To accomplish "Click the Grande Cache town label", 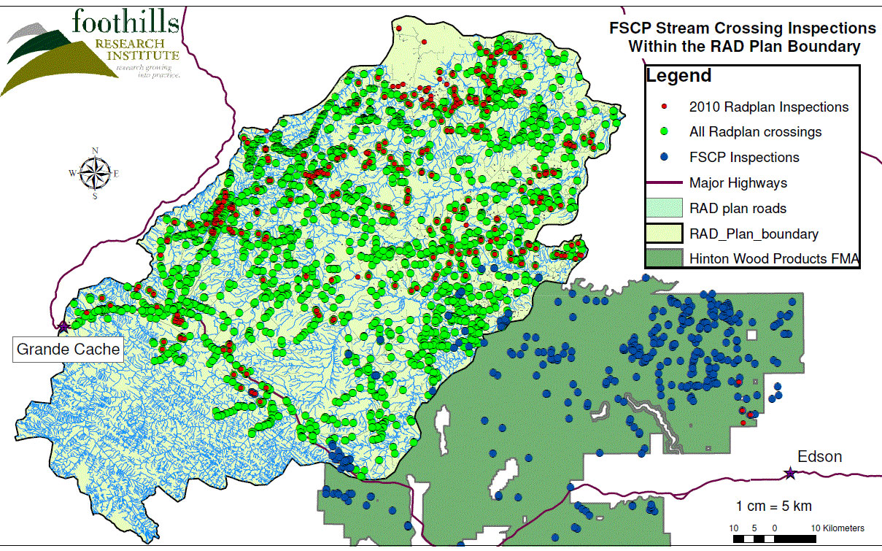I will point(68,350).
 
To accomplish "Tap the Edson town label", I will point(819,457).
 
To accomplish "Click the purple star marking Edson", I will point(789,474).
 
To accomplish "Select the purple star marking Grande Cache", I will point(63,326).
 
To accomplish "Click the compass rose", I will point(94,174).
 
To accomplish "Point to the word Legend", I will point(678,75).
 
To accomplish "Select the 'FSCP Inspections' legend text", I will point(744,158).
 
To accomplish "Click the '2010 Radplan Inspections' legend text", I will point(769,107).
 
